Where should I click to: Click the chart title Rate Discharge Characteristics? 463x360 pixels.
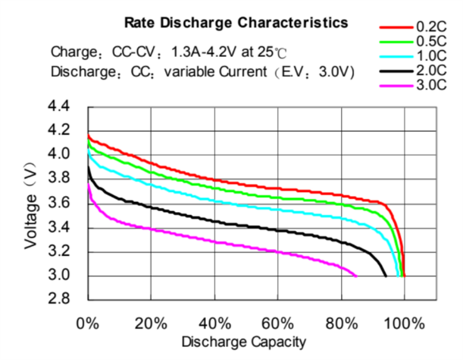[231, 24]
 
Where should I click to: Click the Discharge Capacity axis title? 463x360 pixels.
[245, 341]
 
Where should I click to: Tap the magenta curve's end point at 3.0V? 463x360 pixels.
[357, 275]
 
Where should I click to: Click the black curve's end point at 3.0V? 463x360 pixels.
[386, 275]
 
